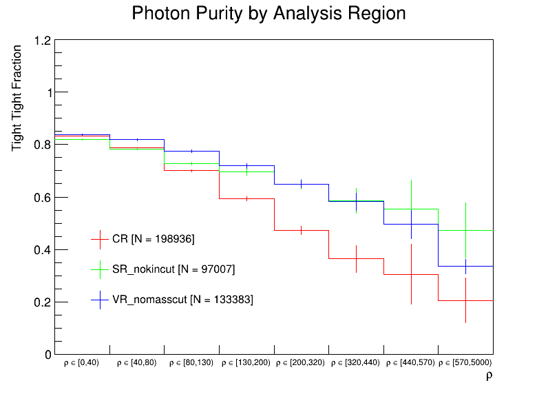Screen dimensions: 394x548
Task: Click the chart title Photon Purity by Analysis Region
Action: tap(268, 13)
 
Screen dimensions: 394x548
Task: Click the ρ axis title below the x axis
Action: tap(489, 375)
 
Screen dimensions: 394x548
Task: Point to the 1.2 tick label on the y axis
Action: tap(43, 41)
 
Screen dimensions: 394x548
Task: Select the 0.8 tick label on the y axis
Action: tap(43, 145)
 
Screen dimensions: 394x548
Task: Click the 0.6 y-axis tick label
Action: tap(43, 198)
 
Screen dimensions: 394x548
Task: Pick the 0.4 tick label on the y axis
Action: tap(43, 250)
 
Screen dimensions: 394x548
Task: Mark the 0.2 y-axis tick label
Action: tap(43, 302)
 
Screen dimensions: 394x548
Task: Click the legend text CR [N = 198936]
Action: tap(154, 239)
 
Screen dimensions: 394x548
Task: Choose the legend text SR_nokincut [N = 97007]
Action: tap(173, 269)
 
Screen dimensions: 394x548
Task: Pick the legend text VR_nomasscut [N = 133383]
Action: tap(182, 300)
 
